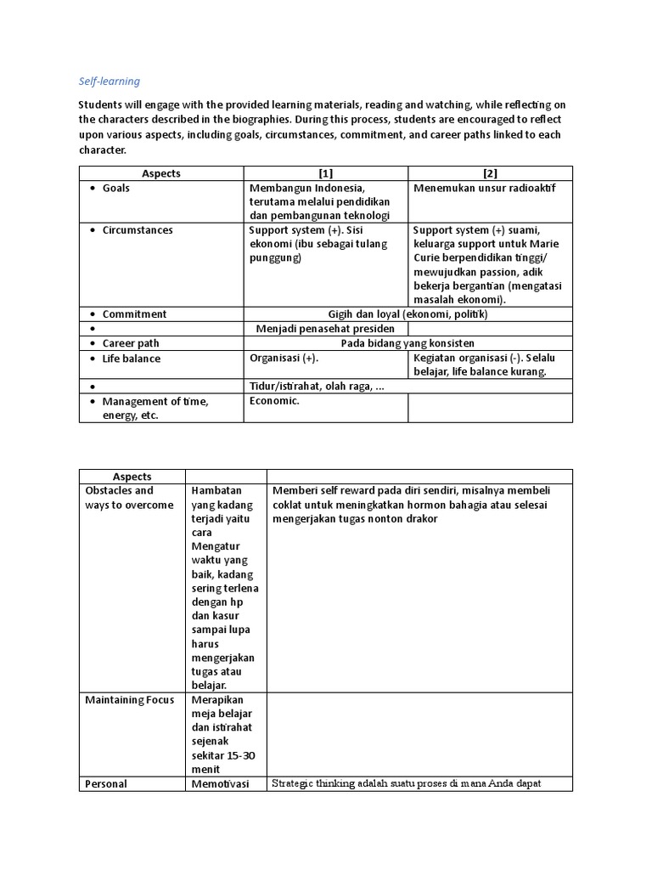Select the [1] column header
tap(327, 173)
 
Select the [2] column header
tap(490, 173)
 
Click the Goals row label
tap(116, 188)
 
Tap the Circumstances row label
tap(137, 230)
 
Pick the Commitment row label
tap(134, 314)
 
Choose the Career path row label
tap(131, 343)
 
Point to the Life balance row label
tap(131, 359)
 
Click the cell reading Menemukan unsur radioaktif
tap(484, 188)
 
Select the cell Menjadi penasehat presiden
tap(325, 329)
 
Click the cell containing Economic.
tap(274, 401)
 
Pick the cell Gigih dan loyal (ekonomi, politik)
tap(407, 314)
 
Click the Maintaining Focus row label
tap(130, 699)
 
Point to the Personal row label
tap(106, 783)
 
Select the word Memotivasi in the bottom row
tap(220, 783)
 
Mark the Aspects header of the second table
tap(132, 477)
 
